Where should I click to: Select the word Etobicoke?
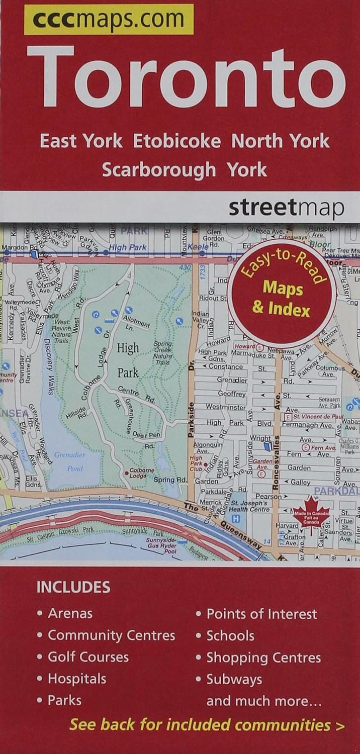[176, 141]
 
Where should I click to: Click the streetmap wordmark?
[287, 208]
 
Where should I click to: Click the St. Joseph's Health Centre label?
[252, 506]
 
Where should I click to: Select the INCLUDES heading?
[73, 587]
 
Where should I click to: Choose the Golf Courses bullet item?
[88, 657]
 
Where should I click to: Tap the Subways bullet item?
[234, 679]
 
